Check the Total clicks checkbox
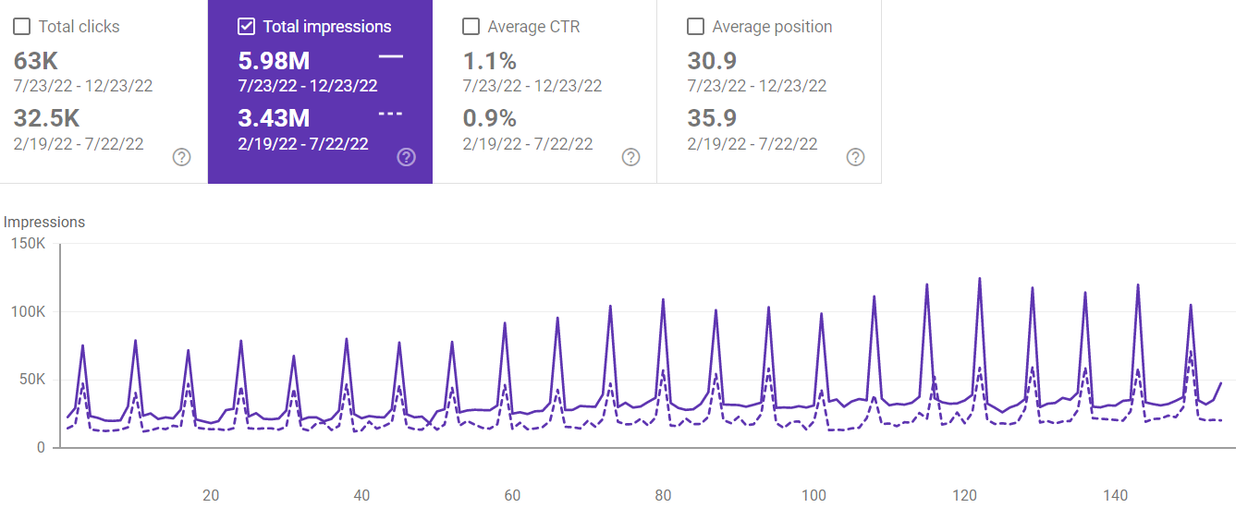point(21,27)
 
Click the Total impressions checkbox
point(246,27)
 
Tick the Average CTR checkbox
point(471,27)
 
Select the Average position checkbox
point(695,27)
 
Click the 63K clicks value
point(36,61)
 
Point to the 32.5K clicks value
point(46,118)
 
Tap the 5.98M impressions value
point(274,61)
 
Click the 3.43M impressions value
point(274,118)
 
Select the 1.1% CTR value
point(489,61)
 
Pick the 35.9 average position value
point(712,118)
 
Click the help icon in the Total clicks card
point(182,157)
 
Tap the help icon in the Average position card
point(856,157)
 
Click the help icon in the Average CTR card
point(630,157)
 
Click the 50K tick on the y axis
point(29,380)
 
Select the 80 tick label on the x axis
point(663,495)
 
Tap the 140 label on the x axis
point(1116,495)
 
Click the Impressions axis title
point(44,222)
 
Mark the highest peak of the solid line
point(980,278)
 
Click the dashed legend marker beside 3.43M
point(391,114)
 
